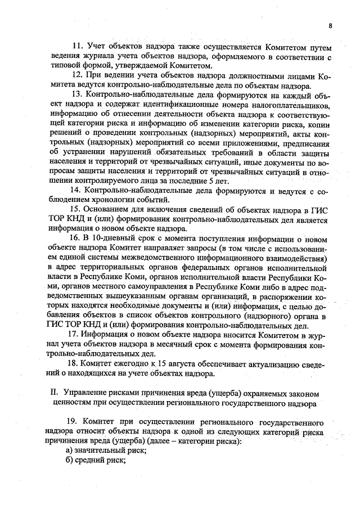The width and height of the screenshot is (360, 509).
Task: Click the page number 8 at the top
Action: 330,26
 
